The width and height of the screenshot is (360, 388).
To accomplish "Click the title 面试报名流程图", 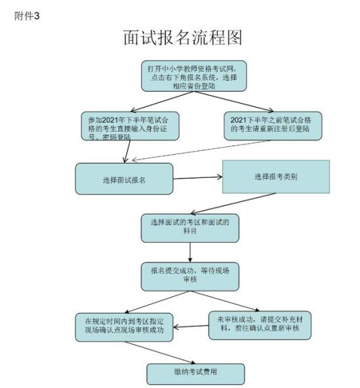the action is (x=182, y=37).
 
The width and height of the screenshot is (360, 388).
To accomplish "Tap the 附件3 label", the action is (x=27, y=16).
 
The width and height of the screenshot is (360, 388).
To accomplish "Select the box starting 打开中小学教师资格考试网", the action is (x=194, y=76).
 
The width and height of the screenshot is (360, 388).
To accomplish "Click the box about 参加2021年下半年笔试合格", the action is (x=130, y=126).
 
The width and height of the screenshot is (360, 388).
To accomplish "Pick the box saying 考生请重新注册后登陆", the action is (x=273, y=126).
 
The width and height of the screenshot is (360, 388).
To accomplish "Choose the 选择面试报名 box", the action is (x=124, y=179).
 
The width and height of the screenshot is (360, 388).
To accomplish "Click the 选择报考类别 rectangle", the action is (x=276, y=177).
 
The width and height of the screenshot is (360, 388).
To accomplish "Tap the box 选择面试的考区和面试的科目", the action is (x=190, y=228).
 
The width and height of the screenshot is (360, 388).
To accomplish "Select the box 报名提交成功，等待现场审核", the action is (x=190, y=276).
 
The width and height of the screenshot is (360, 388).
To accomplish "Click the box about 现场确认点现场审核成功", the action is (x=124, y=328).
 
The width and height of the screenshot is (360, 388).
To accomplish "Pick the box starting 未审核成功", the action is (x=260, y=326).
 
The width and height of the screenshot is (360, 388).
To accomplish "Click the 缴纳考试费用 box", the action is (x=195, y=374).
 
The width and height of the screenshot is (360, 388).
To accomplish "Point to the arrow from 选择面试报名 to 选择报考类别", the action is (x=197, y=178).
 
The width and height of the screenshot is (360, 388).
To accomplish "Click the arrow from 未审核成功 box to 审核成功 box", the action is (x=191, y=326).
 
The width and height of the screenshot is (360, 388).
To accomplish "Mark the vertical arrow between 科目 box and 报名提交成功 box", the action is (x=190, y=252).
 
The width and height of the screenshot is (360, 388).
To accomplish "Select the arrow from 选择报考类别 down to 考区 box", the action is (x=233, y=203).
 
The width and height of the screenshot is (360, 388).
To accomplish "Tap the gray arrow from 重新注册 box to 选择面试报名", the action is (x=201, y=150).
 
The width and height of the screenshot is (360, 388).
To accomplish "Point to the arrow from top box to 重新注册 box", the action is (x=233, y=102).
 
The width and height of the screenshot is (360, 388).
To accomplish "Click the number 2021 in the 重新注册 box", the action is (x=239, y=120).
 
